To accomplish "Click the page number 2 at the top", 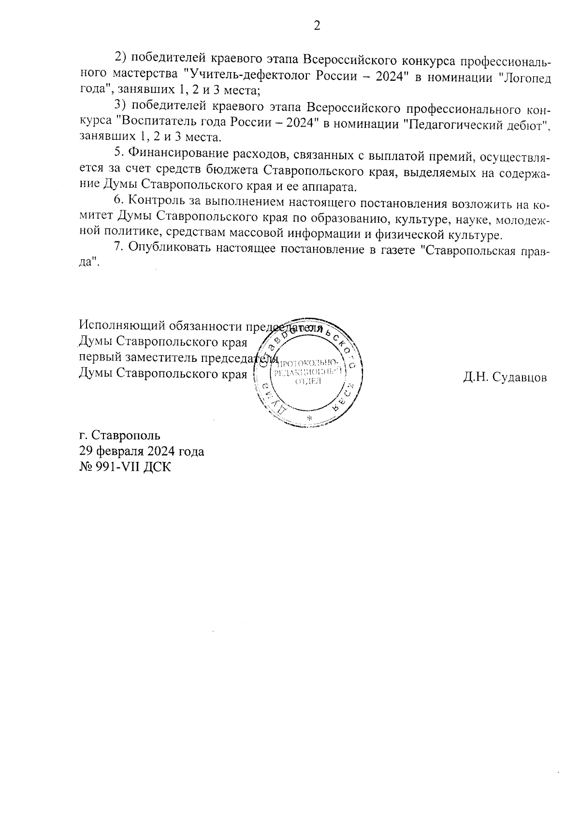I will [x=317, y=26].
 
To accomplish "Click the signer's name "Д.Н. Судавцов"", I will [x=504, y=377].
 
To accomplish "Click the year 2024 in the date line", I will [x=158, y=451].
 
